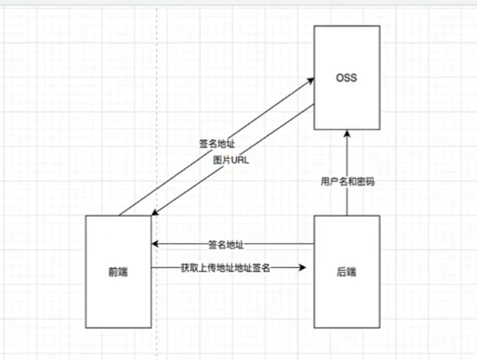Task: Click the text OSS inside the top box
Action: click(346, 76)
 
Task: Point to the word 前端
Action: click(118, 272)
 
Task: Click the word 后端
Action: click(346, 272)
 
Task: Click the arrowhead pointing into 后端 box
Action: click(304, 267)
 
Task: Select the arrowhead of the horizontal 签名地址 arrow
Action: click(156, 243)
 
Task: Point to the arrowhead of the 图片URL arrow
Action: click(154, 214)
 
